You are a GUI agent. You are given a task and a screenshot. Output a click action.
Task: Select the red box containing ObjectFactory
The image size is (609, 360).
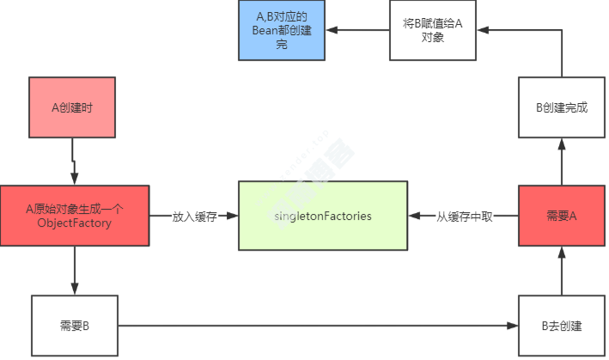tap(75, 215)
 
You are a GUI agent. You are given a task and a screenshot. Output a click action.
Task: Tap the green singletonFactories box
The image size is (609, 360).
tap(323, 216)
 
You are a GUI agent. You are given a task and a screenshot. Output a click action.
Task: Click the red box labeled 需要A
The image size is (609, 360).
tap(561, 216)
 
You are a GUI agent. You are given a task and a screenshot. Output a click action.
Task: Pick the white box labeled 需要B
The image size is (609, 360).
tap(75, 326)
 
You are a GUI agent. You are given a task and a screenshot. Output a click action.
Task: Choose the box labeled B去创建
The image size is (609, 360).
tap(561, 326)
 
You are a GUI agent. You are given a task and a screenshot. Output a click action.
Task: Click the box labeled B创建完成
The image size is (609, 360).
tap(561, 107)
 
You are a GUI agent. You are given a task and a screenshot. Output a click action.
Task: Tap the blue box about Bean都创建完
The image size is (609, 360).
tap(282, 30)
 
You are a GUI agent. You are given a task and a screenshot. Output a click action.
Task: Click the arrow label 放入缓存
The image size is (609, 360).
tap(194, 217)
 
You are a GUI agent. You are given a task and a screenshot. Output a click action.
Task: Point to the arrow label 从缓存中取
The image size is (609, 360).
tap(464, 217)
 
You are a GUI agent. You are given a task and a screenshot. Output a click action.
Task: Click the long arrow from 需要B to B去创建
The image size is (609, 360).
tap(318, 326)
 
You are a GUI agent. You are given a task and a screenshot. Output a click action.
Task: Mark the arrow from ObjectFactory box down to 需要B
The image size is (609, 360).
tap(75, 270)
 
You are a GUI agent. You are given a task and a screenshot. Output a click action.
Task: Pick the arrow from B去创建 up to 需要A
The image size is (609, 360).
tap(561, 270)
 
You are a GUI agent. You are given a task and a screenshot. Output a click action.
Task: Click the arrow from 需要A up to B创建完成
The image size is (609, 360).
tap(561, 162)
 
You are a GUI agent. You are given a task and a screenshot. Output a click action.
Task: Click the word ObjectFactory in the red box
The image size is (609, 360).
tap(75, 223)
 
